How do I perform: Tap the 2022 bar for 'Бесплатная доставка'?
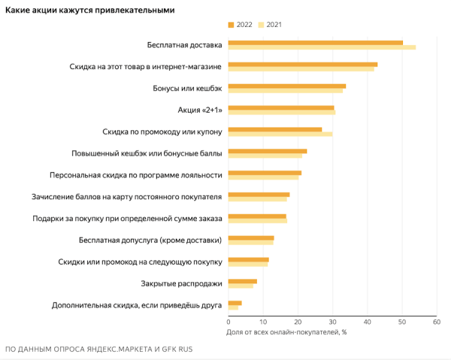(x=315, y=43)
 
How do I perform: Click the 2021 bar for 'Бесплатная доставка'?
(x=321, y=48)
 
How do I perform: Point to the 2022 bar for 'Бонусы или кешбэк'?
(x=286, y=86)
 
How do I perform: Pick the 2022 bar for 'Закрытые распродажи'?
(x=242, y=281)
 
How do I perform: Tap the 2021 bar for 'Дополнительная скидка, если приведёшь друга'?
(x=232, y=308)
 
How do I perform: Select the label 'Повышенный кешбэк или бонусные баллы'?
(x=147, y=153)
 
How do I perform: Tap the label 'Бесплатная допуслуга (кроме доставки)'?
(x=150, y=241)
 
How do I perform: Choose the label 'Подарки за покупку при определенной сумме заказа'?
(x=127, y=219)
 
